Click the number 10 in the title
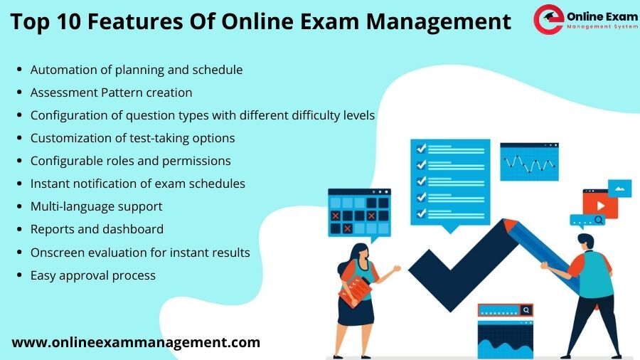pyautogui.click(x=68, y=21)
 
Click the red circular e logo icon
pyautogui.click(x=548, y=19)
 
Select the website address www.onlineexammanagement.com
pyautogui.click(x=136, y=342)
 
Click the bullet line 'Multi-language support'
pyautogui.click(x=96, y=206)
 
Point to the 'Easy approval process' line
pyautogui.click(x=93, y=275)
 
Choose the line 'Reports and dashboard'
pyautogui.click(x=97, y=229)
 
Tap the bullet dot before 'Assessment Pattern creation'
pyautogui.click(x=19, y=92)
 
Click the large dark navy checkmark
pyautogui.click(x=463, y=265)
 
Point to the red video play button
pyautogui.click(x=600, y=206)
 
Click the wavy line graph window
pyautogui.click(x=529, y=162)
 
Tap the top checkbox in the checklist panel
pyautogui.click(x=421, y=149)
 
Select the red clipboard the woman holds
pyautogui.click(x=355, y=290)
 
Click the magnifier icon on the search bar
pyautogui.click(x=526, y=310)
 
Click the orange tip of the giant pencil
pyautogui.click(x=510, y=225)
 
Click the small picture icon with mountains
pyautogui.click(x=619, y=189)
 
